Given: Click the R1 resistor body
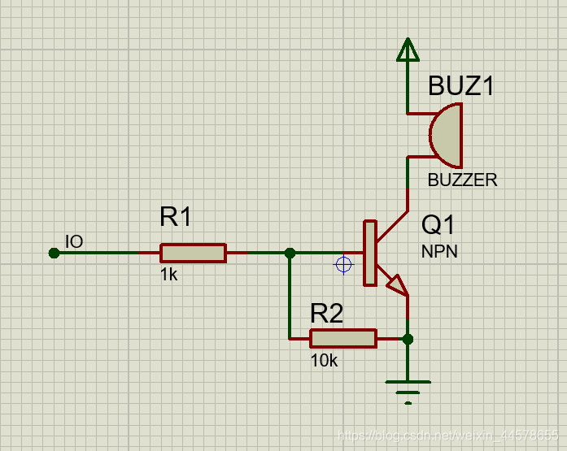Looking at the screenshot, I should tap(193, 253).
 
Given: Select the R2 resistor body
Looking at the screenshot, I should tap(343, 338).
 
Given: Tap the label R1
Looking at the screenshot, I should tap(176, 218).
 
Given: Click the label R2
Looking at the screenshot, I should tap(326, 313).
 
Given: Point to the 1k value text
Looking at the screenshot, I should tap(168, 275).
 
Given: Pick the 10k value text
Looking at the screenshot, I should tap(324, 361).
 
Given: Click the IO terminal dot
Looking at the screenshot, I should tap(54, 253).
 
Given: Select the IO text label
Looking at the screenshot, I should tap(74, 241).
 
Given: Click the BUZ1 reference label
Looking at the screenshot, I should tap(461, 86).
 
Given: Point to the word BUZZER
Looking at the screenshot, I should tap(462, 180).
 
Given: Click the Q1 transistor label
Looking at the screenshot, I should tap(439, 225).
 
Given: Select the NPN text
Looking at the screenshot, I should tap(439, 252).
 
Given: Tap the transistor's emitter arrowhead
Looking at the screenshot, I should tap(396, 284).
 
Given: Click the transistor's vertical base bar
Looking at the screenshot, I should tap(370, 253).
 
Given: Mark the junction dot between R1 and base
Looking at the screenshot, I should tap(290, 253).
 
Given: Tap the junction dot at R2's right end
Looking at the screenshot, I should tap(408, 338).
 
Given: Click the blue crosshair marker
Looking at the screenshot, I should tap(343, 264).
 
